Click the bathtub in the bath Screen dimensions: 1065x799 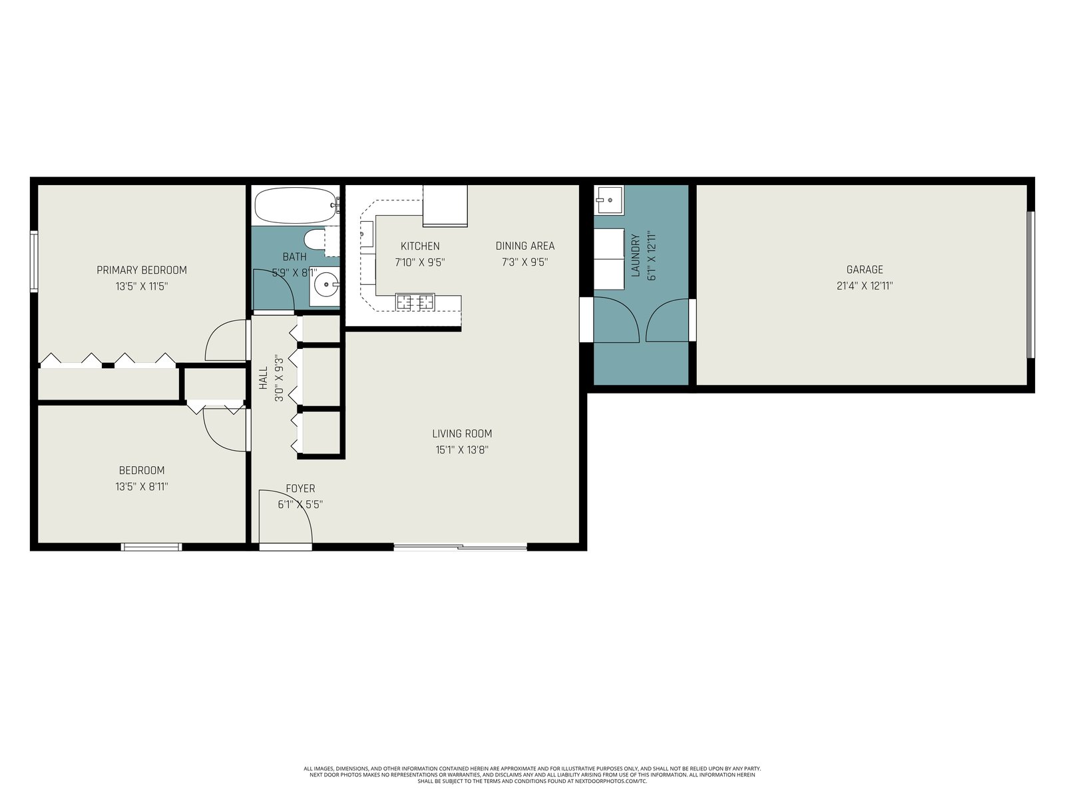(x=296, y=205)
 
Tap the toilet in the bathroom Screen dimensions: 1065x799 (x=314, y=239)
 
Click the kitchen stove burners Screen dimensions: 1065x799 (x=415, y=302)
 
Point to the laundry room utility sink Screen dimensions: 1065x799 (x=609, y=200)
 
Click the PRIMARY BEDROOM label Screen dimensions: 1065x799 (x=142, y=270)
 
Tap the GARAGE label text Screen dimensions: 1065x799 (x=865, y=270)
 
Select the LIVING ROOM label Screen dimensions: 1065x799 (x=462, y=433)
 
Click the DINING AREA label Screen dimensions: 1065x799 (x=525, y=246)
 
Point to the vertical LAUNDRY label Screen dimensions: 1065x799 (x=636, y=256)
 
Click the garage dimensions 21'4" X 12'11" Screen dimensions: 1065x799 (x=865, y=286)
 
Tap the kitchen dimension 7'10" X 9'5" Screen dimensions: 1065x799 (x=420, y=262)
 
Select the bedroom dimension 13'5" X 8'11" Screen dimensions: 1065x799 (x=142, y=487)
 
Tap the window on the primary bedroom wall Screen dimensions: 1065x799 (x=34, y=262)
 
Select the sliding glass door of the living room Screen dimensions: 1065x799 (x=460, y=547)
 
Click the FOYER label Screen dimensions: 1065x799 (x=300, y=489)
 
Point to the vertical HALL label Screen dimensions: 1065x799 (x=264, y=378)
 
